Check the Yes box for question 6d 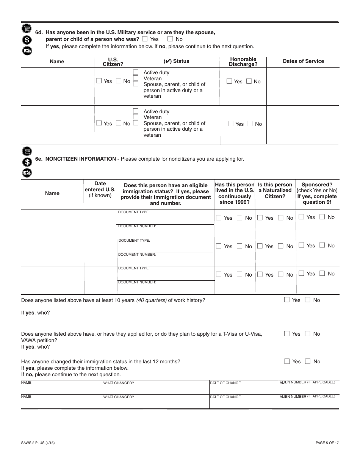point(145,39)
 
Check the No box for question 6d point(170,39)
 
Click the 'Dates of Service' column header point(303,61)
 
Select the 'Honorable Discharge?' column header point(243,61)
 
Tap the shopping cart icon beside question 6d point(27,28)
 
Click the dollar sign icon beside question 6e point(27,162)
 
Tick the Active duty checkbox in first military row point(136,72)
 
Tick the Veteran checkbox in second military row point(136,117)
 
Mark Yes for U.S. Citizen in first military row point(99,81)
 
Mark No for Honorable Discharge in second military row point(250,124)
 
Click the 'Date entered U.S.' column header point(100,189)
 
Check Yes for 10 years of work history point(287,300)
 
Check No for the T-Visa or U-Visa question point(308,333)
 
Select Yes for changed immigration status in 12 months point(287,361)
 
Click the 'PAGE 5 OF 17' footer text point(327,443)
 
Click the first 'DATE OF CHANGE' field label point(225,383)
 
